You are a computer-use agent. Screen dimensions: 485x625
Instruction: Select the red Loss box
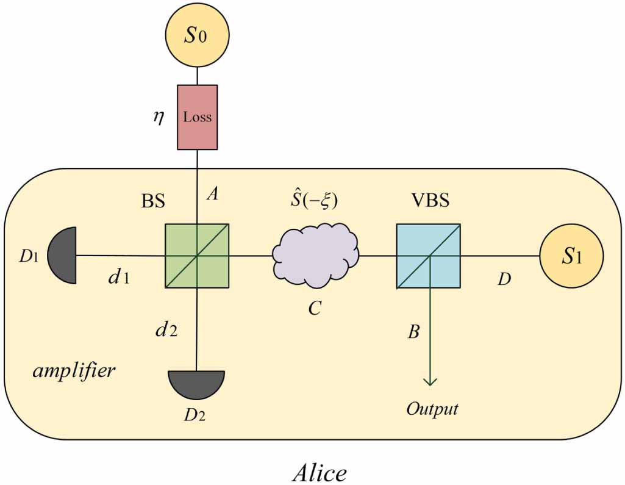tap(197, 117)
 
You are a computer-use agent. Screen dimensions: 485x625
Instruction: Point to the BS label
tap(153, 201)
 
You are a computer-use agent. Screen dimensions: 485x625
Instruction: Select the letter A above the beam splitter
tap(213, 195)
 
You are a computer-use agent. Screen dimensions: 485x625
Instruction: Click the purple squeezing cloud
tap(315, 255)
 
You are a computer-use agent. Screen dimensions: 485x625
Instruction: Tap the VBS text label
tap(429, 200)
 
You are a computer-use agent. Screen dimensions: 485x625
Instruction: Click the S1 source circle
tap(571, 256)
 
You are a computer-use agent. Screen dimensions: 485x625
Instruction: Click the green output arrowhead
tap(430, 380)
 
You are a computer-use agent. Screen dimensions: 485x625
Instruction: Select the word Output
tap(432, 408)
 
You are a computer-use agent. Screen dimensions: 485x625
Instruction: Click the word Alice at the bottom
tap(319, 470)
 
